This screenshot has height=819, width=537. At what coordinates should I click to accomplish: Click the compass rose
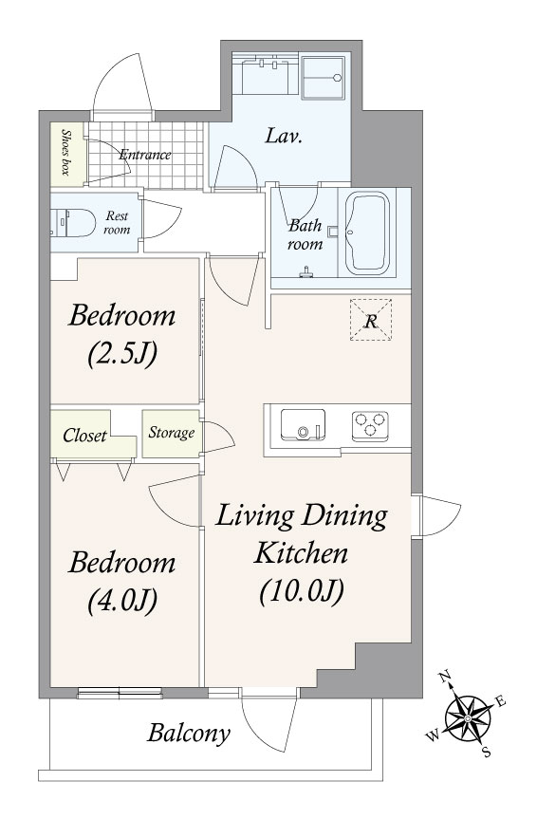click(x=469, y=719)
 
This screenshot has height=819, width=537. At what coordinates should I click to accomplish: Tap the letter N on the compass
click(x=445, y=678)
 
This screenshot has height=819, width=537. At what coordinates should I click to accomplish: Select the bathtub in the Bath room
click(x=368, y=233)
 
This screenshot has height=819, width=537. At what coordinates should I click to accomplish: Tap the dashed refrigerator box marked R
click(x=370, y=320)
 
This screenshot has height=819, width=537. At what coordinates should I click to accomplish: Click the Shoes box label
click(x=66, y=152)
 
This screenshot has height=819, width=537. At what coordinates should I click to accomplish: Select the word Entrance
click(x=145, y=155)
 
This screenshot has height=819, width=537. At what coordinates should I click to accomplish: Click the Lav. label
click(x=285, y=137)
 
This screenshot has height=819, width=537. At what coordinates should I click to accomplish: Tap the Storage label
click(x=172, y=433)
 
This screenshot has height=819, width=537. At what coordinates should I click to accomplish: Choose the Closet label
click(x=84, y=435)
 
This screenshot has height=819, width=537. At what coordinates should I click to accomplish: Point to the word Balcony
click(x=189, y=734)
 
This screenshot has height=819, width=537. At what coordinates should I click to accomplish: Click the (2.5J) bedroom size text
click(x=122, y=354)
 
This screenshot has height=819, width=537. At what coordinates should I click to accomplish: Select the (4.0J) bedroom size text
click(x=122, y=600)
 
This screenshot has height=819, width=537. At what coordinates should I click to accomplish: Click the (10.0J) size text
click(x=302, y=592)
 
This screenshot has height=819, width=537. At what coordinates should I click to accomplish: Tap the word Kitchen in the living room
click(x=301, y=552)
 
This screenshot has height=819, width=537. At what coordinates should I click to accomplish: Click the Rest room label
click(x=117, y=223)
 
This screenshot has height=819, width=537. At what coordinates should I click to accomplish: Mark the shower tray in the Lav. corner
click(x=323, y=77)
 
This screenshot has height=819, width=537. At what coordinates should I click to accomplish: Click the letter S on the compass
click(x=487, y=753)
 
